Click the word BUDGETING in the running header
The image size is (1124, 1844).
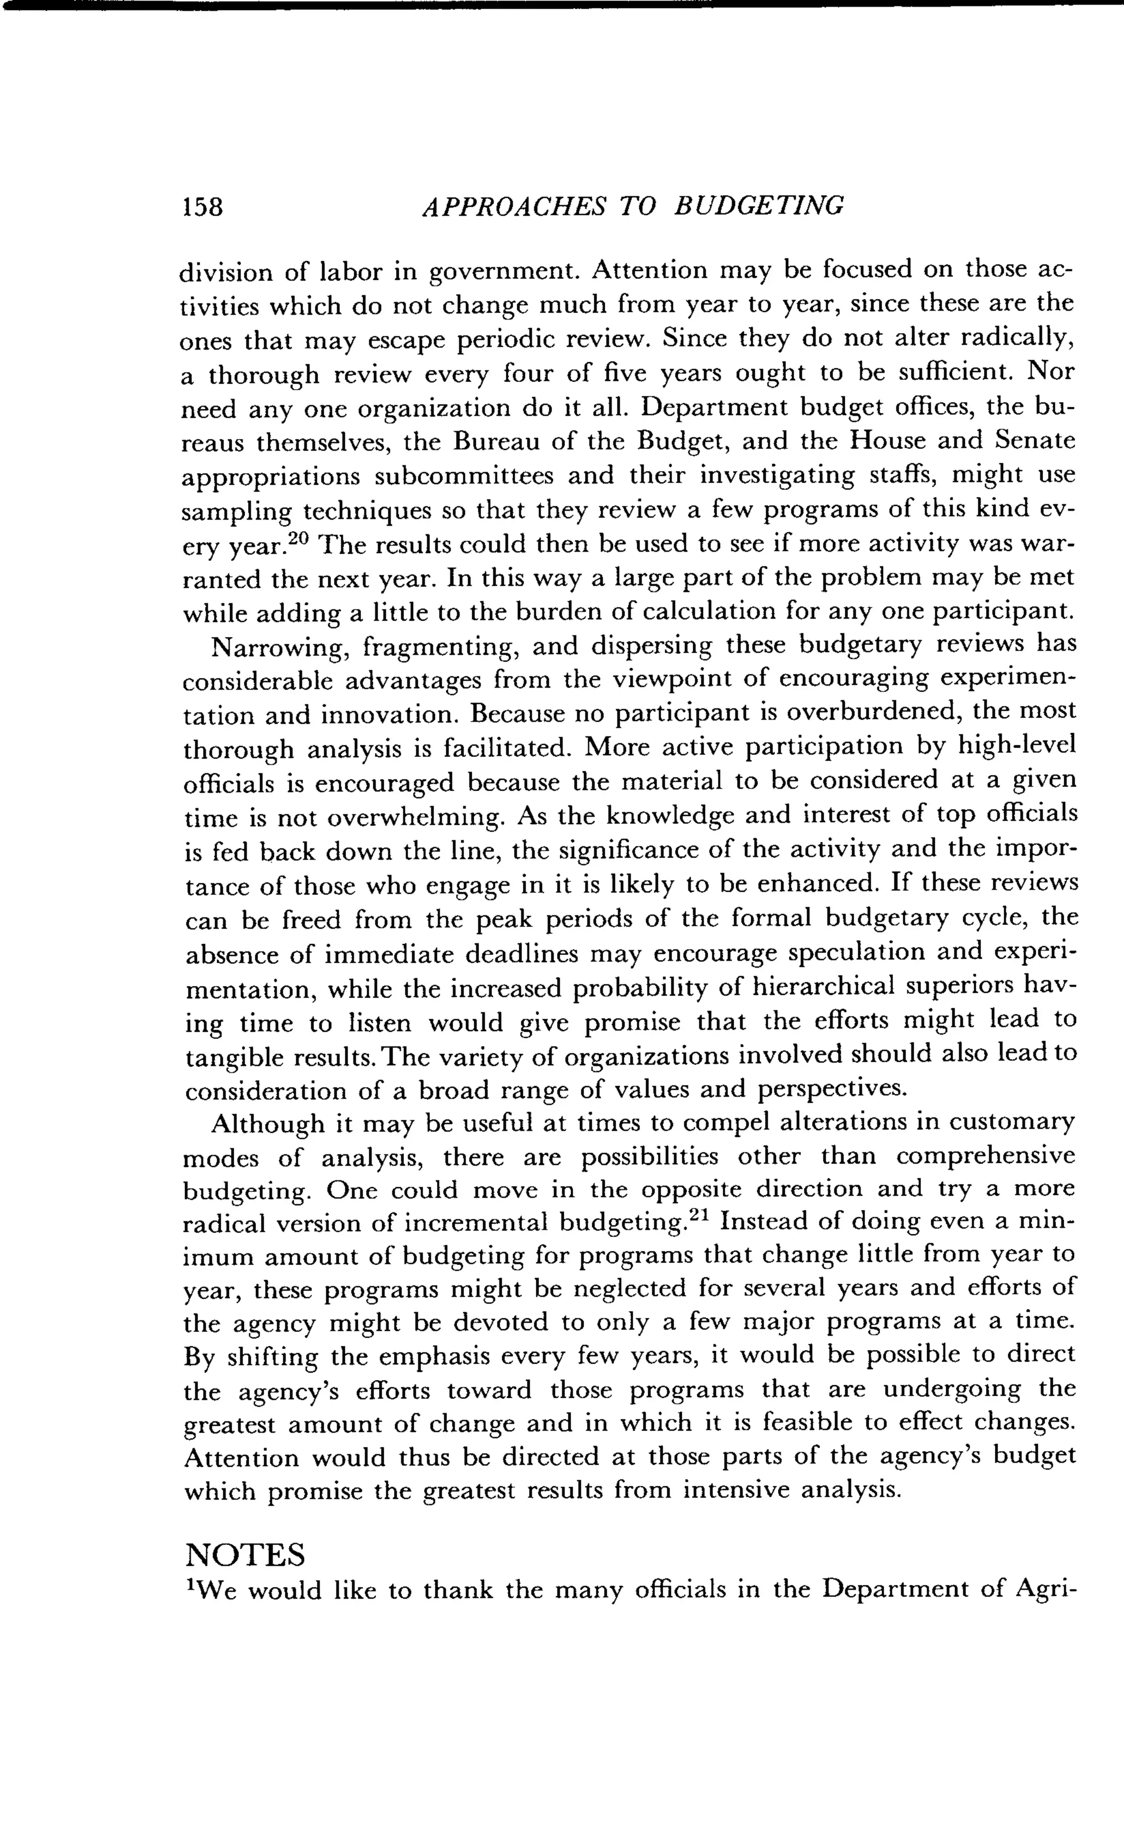point(759,205)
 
